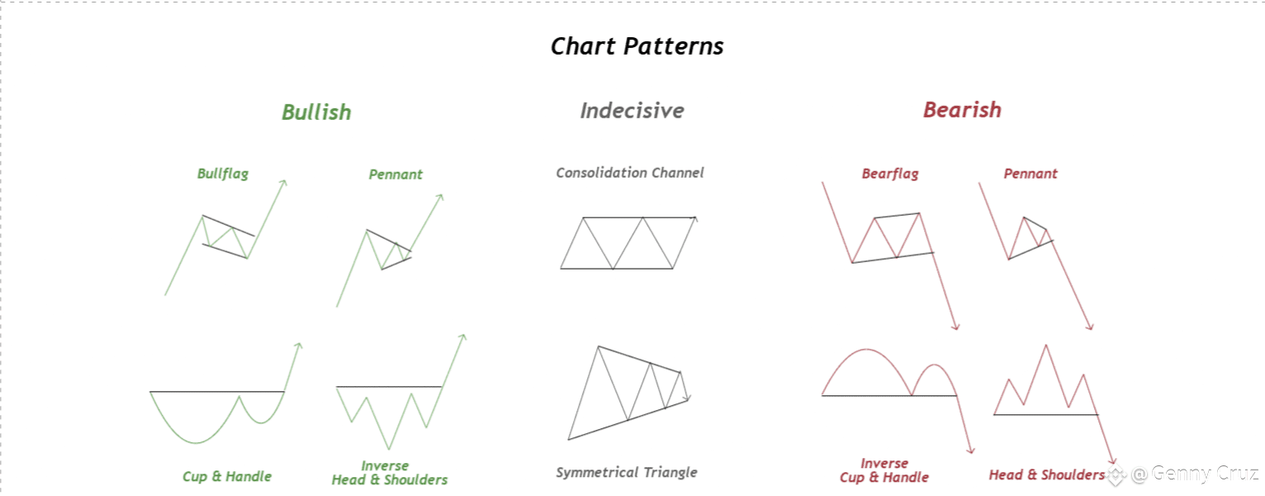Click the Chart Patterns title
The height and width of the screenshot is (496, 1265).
[637, 46]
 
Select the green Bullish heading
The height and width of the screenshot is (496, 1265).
[317, 112]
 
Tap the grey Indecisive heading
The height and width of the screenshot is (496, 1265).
[632, 111]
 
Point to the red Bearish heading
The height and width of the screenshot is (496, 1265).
[962, 110]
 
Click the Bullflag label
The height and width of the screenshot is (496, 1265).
[222, 174]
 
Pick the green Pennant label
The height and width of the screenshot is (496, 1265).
[396, 174]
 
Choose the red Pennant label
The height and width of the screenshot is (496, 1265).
[1030, 174]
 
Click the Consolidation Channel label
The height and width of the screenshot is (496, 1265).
[630, 173]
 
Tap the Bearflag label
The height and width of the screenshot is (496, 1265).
[890, 174]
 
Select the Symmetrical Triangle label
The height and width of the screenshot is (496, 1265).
[626, 472]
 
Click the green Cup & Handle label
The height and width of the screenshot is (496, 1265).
[227, 476]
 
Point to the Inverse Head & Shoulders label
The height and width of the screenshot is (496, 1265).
[389, 473]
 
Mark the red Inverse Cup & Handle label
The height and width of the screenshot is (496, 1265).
[884, 470]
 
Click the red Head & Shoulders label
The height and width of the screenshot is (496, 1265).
[1046, 475]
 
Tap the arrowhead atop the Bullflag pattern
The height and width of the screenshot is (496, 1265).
[284, 183]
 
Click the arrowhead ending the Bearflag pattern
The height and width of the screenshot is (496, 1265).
[955, 327]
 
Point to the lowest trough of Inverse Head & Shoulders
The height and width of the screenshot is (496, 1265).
[389, 449]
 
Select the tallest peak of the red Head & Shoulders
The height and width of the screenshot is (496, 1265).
[1046, 346]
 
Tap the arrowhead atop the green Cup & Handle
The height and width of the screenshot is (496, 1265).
[299, 346]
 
